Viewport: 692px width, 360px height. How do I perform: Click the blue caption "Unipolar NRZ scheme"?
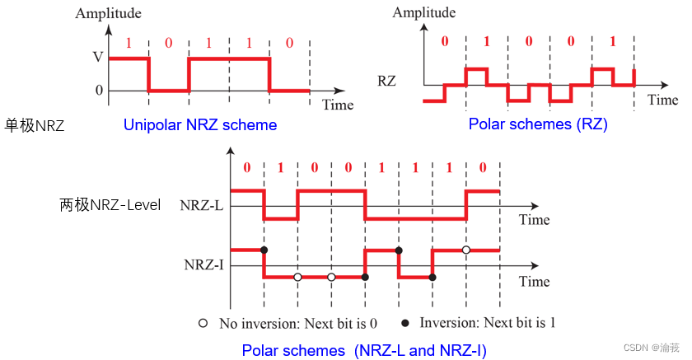(200, 125)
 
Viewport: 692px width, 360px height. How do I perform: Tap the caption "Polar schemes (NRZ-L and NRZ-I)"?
(363, 351)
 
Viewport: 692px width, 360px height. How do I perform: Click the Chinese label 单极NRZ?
(35, 126)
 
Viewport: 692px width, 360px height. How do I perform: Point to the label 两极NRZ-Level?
(110, 205)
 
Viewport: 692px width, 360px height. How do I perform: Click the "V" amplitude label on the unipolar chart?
(99, 58)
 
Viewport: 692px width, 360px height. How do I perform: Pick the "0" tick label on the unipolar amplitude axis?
(99, 91)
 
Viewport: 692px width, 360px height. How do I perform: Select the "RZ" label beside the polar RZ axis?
(387, 82)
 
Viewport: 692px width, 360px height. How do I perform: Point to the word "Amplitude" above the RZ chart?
(423, 12)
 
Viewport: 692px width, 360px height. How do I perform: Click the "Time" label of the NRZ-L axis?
(534, 220)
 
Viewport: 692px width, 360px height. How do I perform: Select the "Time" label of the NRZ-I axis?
(534, 281)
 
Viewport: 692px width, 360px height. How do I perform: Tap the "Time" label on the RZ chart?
(662, 100)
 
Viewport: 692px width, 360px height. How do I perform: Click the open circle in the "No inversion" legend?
(203, 322)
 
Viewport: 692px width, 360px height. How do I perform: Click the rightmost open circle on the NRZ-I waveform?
(466, 249)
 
